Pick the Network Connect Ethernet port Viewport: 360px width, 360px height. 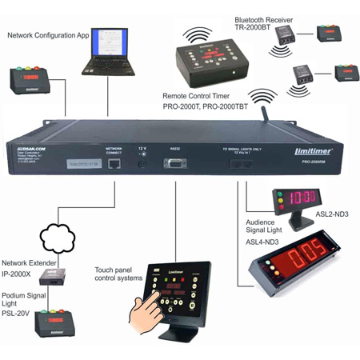[114, 162]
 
